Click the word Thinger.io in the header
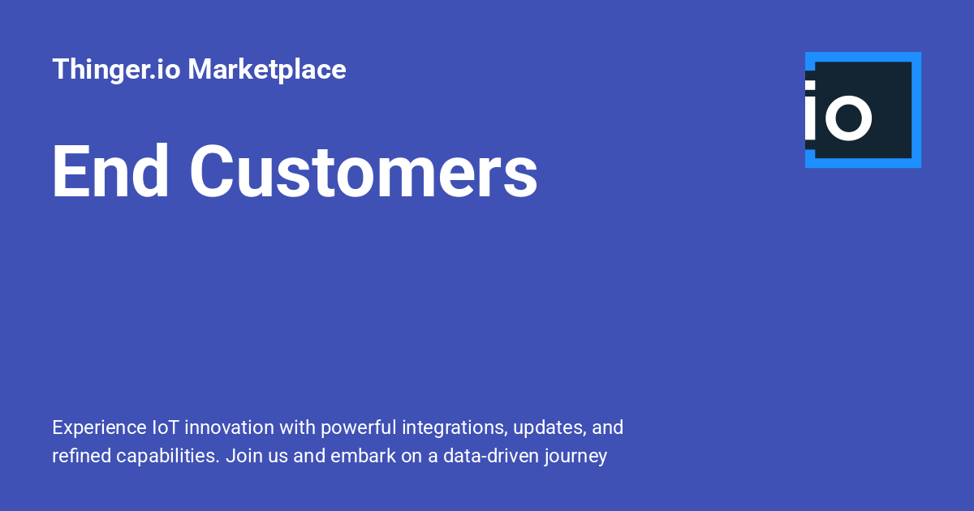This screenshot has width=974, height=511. point(116,70)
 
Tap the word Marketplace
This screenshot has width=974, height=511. point(267,70)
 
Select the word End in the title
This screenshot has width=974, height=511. point(110,171)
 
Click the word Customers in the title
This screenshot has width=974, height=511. point(364,171)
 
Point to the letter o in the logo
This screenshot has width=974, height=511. point(848,118)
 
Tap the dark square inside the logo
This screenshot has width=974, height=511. point(863,110)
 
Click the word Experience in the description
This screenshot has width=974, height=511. point(99,427)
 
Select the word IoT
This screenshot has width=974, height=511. point(166,427)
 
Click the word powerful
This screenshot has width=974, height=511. point(359,428)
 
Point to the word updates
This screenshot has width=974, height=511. point(549,428)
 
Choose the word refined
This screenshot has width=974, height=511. point(82,456)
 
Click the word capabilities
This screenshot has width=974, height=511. point(168,457)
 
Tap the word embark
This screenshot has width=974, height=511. point(363,456)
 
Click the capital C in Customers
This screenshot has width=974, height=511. point(210,171)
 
